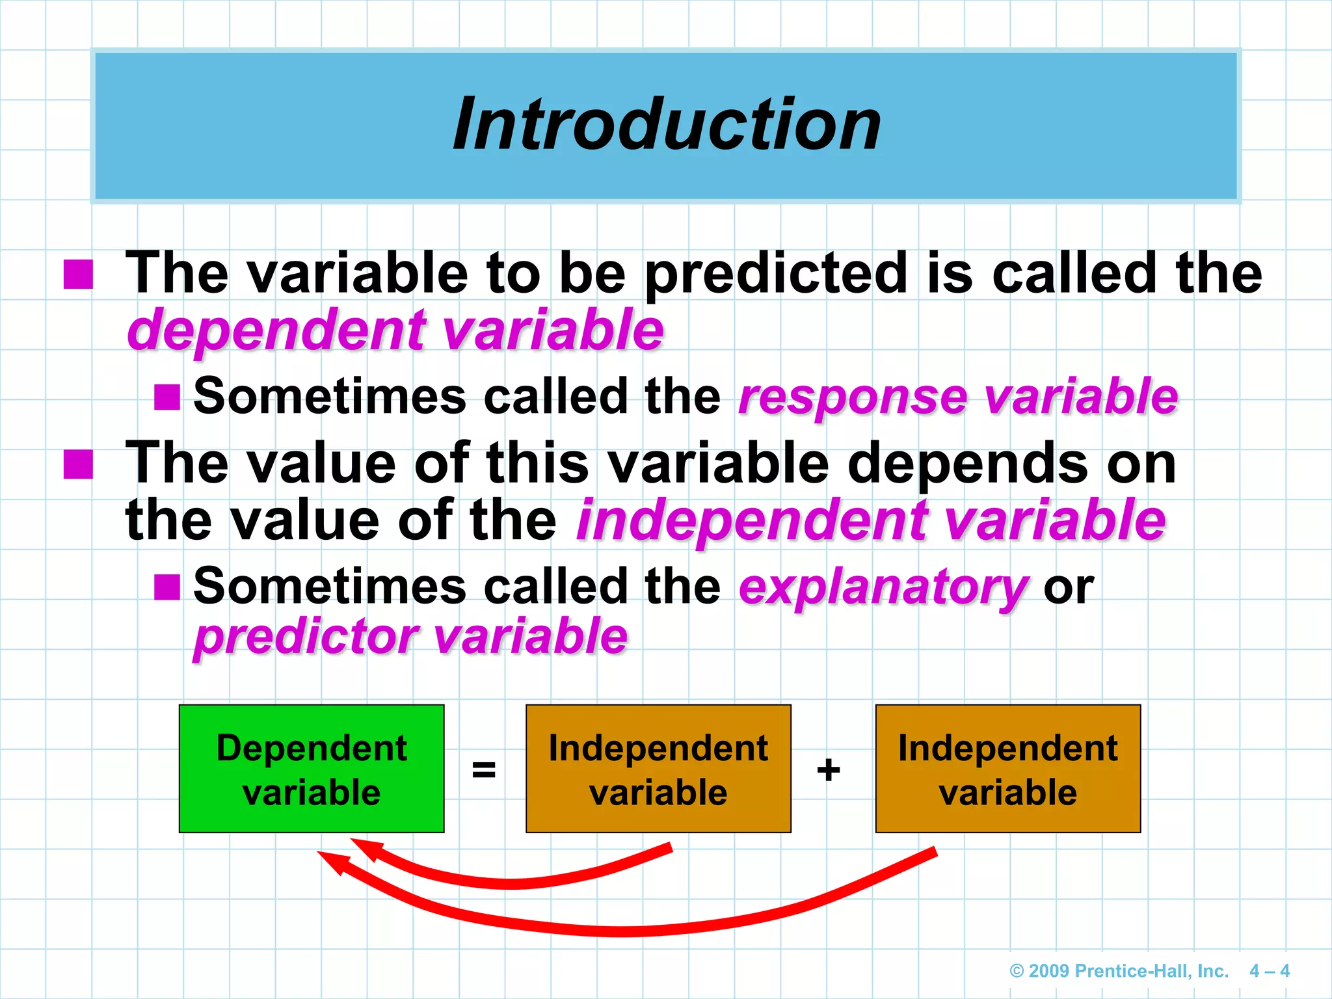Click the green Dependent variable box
312,769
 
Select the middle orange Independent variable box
658,769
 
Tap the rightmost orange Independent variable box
1007,769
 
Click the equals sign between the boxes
484,770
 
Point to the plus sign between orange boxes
829,770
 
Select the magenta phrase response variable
958,397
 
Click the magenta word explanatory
883,587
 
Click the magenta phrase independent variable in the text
872,520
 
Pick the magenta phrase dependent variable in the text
395,330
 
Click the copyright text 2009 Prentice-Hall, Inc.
1119,971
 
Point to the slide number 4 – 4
1269,971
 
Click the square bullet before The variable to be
79,274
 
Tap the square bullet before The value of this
79,464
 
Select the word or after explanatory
1069,587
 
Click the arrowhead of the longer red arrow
330,862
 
